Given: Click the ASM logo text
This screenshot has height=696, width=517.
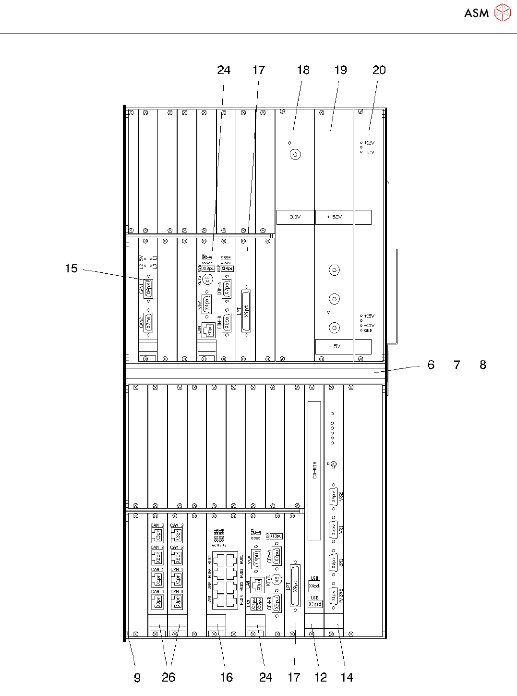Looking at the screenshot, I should click(476, 13).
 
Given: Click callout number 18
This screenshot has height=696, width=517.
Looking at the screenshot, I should click(303, 70).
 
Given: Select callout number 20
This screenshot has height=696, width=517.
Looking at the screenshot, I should click(379, 70).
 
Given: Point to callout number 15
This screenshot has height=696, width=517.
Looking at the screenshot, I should click(71, 269).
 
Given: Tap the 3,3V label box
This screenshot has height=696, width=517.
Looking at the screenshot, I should click(295, 217).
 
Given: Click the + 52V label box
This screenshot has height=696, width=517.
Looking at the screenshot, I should click(334, 217).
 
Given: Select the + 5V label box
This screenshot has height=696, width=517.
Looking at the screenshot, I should click(334, 346).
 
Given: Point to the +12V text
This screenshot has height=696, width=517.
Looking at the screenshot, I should click(369, 143).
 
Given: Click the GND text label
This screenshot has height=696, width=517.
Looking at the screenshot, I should click(368, 330).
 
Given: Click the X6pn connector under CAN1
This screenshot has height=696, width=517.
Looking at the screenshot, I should click(148, 288).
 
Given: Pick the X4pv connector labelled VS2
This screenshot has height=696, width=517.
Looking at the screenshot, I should click(334, 496).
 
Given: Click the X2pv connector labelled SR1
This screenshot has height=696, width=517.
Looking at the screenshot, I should click(334, 561).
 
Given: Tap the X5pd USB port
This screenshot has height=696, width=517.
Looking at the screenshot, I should click(314, 604).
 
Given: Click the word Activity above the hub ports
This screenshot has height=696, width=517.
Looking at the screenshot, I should click(219, 545).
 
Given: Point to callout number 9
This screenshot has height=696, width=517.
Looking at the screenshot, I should click(137, 677).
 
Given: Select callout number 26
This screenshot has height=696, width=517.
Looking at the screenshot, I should click(168, 677).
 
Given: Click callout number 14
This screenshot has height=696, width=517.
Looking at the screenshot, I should click(347, 677).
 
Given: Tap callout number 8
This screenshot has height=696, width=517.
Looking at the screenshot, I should click(483, 365).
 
